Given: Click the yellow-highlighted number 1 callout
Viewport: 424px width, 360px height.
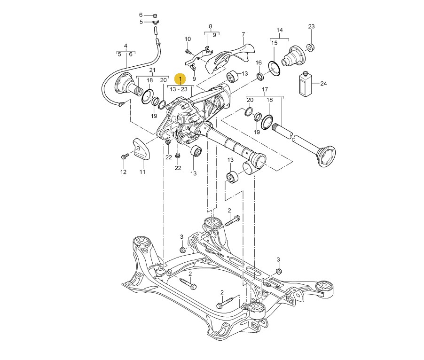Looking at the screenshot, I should click(180, 78).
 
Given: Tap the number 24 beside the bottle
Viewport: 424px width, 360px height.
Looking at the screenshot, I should click(323, 84).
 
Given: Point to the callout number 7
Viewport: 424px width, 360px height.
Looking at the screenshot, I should click(243, 35).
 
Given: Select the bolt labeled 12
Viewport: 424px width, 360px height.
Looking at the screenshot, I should click(125, 156).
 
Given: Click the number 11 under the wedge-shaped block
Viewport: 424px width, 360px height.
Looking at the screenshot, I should click(142, 172).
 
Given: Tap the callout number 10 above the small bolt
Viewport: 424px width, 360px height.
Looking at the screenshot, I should click(188, 39).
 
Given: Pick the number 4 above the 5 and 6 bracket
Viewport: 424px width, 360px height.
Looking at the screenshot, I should click(126, 46).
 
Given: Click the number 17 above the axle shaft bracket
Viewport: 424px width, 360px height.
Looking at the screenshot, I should click(265, 89).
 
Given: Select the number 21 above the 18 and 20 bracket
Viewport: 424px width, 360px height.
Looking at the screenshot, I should click(152, 70).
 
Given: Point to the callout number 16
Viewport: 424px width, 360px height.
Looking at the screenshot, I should click(259, 63).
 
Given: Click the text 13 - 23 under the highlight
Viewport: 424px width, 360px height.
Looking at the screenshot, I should click(179, 88).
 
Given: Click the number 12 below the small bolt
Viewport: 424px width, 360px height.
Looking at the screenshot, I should click(123, 172).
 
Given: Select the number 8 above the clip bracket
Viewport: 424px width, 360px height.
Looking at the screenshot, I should click(211, 27).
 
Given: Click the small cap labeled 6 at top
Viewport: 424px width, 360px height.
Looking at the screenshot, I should click(155, 16).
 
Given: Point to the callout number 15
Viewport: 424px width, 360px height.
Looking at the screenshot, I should click(275, 43).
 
